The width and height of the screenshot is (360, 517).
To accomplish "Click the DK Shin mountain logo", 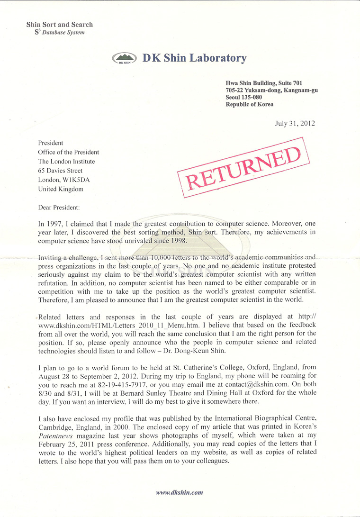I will point(124,59).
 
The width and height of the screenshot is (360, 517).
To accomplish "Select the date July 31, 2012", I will point(295,123).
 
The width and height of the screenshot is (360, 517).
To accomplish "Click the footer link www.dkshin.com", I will point(180,492).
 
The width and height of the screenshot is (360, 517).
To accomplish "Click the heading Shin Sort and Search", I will point(60,25).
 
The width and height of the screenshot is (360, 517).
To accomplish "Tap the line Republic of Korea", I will point(250,104).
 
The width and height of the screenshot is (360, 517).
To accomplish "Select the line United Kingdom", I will point(61,189).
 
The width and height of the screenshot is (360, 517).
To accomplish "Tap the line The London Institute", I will point(66,161).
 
